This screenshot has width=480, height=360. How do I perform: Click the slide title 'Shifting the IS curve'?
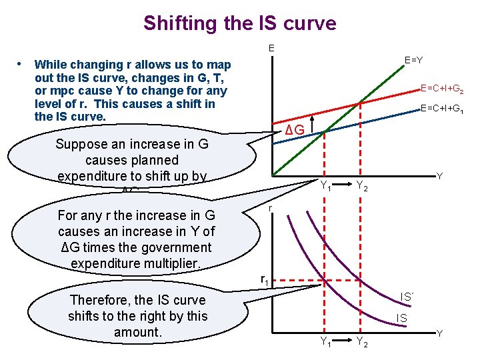click(240, 23)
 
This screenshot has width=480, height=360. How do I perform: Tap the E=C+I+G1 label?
click(442, 109)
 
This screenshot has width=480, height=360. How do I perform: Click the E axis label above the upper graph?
click(271, 48)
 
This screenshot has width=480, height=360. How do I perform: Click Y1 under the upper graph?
click(326, 186)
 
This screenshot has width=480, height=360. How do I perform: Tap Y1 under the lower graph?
click(326, 343)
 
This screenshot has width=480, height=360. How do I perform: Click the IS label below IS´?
click(402, 319)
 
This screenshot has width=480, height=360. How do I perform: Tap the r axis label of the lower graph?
click(270, 209)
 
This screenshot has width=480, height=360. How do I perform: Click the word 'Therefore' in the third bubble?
click(99, 300)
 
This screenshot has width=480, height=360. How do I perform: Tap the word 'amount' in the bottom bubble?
click(136, 332)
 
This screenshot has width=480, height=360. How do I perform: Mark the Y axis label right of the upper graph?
click(439, 176)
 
